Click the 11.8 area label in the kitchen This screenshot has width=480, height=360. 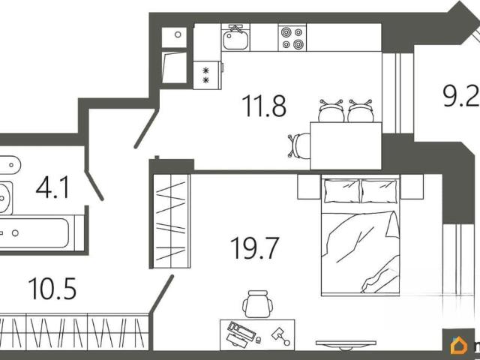[264, 106]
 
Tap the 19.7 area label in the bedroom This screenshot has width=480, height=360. [255, 248]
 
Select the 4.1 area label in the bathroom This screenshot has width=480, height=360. [52, 187]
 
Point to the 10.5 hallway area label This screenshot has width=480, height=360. [52, 289]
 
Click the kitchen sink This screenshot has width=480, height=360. [235, 37]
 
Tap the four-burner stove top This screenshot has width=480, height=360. [292, 37]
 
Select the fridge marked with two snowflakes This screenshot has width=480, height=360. [207, 75]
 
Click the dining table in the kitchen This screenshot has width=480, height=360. [346, 145]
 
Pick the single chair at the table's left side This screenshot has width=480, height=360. [299, 146]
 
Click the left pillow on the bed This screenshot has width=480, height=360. [342, 191]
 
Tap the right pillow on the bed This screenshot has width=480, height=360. [379, 191]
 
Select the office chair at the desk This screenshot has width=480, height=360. [258, 304]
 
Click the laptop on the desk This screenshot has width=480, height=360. [241, 335]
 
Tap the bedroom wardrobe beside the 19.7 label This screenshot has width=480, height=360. [172, 221]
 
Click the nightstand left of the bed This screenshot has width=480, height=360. [309, 187]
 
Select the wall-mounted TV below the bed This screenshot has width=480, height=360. [346, 344]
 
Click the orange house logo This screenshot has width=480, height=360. [458, 346]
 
